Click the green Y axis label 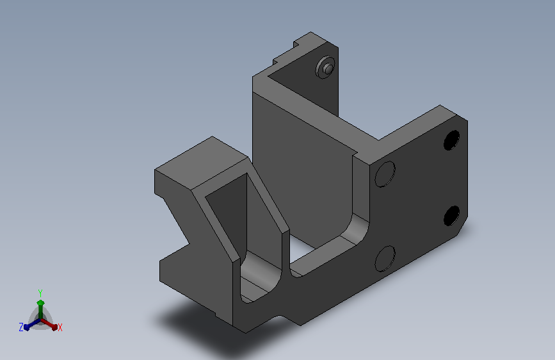pos(40,293)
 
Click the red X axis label pos(60,327)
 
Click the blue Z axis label pos(21,327)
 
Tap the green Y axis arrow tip pos(40,302)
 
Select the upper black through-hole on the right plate pos(452,140)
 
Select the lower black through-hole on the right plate pos(452,215)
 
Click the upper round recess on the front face pos(385,174)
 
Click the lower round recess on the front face pos(385,259)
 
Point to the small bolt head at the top pos(326,67)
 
